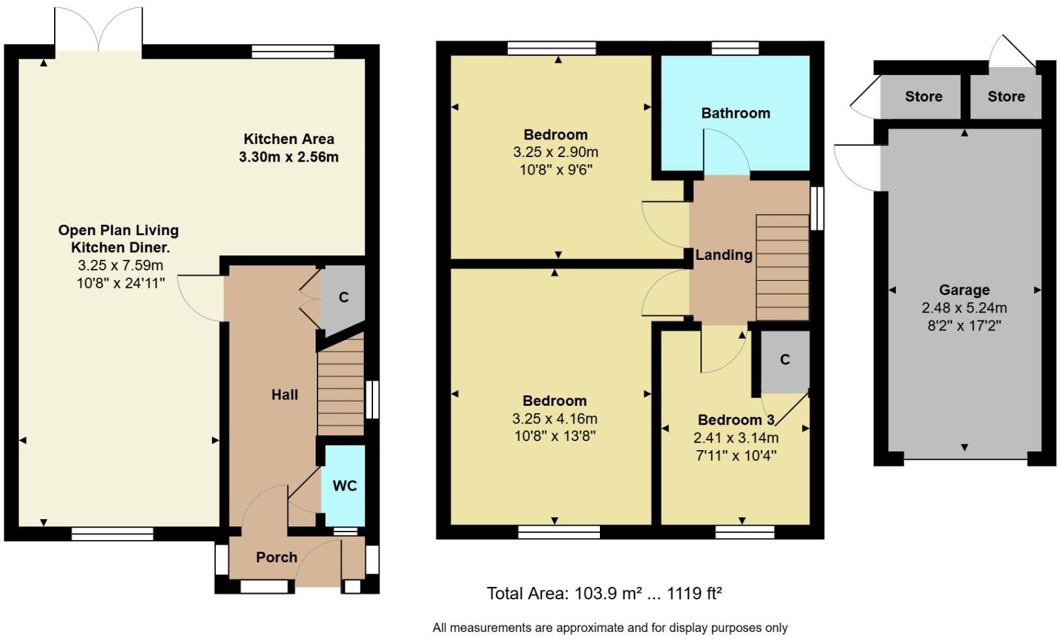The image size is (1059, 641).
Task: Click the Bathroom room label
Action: tap(736, 113)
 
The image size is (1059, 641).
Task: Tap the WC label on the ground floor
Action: tap(344, 486)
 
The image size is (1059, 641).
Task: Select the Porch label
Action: tap(276, 558)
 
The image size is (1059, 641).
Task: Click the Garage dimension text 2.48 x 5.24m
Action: tap(964, 308)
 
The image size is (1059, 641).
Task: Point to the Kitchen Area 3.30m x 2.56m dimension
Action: tap(289, 157)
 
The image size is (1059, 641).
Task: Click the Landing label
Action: tap(723, 255)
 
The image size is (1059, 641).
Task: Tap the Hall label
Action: tap(285, 395)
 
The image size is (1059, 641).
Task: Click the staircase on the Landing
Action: tap(782, 267)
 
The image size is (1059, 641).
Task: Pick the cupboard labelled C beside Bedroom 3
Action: tap(785, 360)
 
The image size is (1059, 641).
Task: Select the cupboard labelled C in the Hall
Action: tap(344, 298)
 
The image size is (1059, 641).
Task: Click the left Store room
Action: tap(923, 97)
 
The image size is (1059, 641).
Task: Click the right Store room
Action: tap(1006, 97)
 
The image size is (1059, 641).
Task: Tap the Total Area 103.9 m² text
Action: tap(604, 593)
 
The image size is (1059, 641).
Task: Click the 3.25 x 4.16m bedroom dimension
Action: tap(554, 419)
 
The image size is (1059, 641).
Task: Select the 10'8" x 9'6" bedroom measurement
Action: tap(556, 170)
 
